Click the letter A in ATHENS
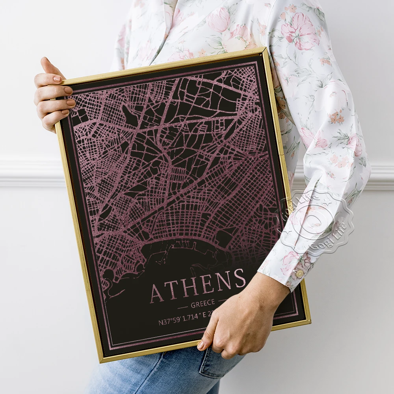157,293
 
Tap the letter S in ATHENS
239,279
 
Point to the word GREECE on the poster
203,303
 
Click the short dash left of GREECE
182,306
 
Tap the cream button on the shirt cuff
300,273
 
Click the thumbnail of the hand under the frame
201,345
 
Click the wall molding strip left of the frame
28,173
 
